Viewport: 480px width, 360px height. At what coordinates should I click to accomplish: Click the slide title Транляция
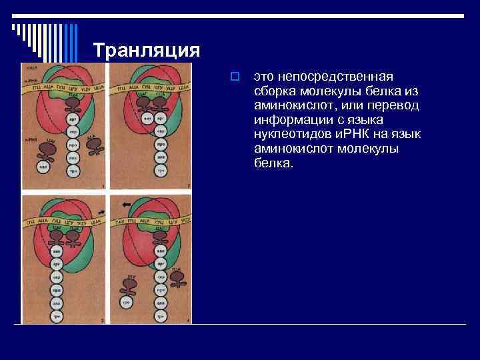(x=146, y=51)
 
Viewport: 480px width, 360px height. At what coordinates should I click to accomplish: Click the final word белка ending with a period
(x=273, y=164)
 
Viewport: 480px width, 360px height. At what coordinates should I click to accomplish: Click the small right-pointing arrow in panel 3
(x=101, y=211)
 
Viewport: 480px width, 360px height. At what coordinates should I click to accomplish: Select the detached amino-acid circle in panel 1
(x=43, y=165)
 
